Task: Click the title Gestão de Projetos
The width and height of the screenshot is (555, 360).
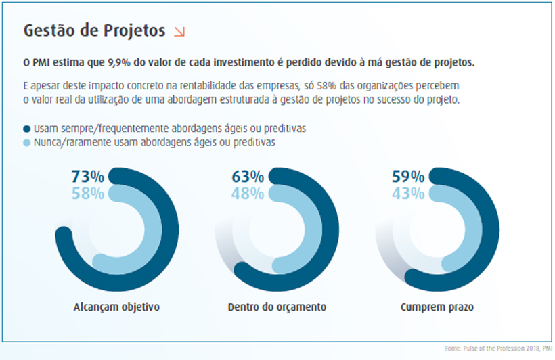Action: click(x=94, y=31)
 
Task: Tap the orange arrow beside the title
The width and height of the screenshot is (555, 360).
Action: click(x=179, y=31)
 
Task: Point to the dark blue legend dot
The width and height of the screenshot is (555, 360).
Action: click(x=27, y=129)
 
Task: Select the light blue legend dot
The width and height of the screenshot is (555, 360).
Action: click(x=27, y=143)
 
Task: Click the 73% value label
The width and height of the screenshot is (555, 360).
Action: click(x=88, y=177)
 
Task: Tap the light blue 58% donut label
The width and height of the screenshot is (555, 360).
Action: click(x=88, y=194)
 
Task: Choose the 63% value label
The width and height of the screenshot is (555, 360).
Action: click(x=248, y=177)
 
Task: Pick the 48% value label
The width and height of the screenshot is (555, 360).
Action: click(x=248, y=194)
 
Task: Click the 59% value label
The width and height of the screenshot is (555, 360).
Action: click(x=408, y=177)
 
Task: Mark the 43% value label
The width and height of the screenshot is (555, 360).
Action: click(x=408, y=194)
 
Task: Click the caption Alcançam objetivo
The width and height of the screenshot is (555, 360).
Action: click(x=116, y=307)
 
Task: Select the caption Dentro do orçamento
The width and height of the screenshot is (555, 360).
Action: click(x=277, y=307)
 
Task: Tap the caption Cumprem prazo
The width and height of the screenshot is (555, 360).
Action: click(x=437, y=307)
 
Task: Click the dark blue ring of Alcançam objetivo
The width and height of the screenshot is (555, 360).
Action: click(x=169, y=230)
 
